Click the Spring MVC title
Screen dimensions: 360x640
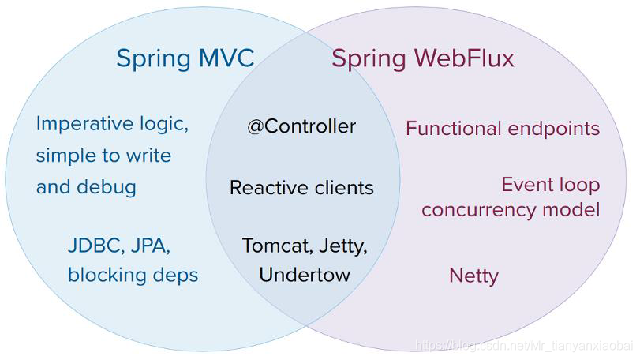[x=185, y=58]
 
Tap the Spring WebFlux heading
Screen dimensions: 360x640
[x=422, y=58]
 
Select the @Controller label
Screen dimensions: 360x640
[x=301, y=126]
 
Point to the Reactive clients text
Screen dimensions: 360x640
[x=301, y=188]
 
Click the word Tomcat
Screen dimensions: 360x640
[x=276, y=246]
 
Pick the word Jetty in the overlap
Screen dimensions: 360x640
[x=344, y=246]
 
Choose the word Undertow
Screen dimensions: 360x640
[x=304, y=275]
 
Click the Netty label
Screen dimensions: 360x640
[x=473, y=276]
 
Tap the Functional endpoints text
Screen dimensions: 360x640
[x=503, y=128]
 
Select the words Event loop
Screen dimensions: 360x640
[x=550, y=185]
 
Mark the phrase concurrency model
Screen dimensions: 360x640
[x=510, y=209]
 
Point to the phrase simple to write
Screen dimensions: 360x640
[x=103, y=156]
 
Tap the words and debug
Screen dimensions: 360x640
[x=86, y=187]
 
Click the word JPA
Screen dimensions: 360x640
[x=150, y=246]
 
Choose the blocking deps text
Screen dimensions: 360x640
[x=133, y=275]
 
